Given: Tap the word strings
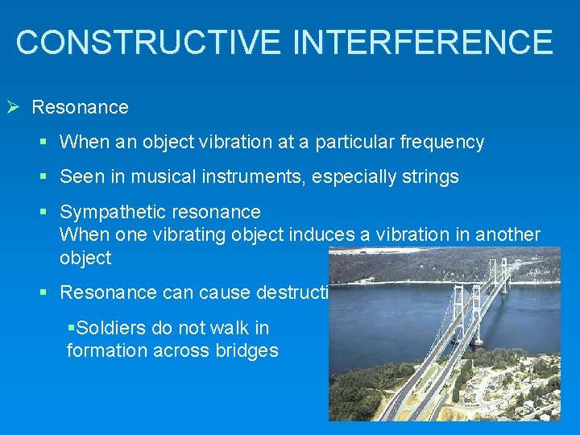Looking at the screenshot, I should [x=430, y=177].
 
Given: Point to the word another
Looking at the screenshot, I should [x=507, y=234].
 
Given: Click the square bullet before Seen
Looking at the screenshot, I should [x=44, y=177].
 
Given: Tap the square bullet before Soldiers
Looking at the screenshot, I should [x=71, y=329].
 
